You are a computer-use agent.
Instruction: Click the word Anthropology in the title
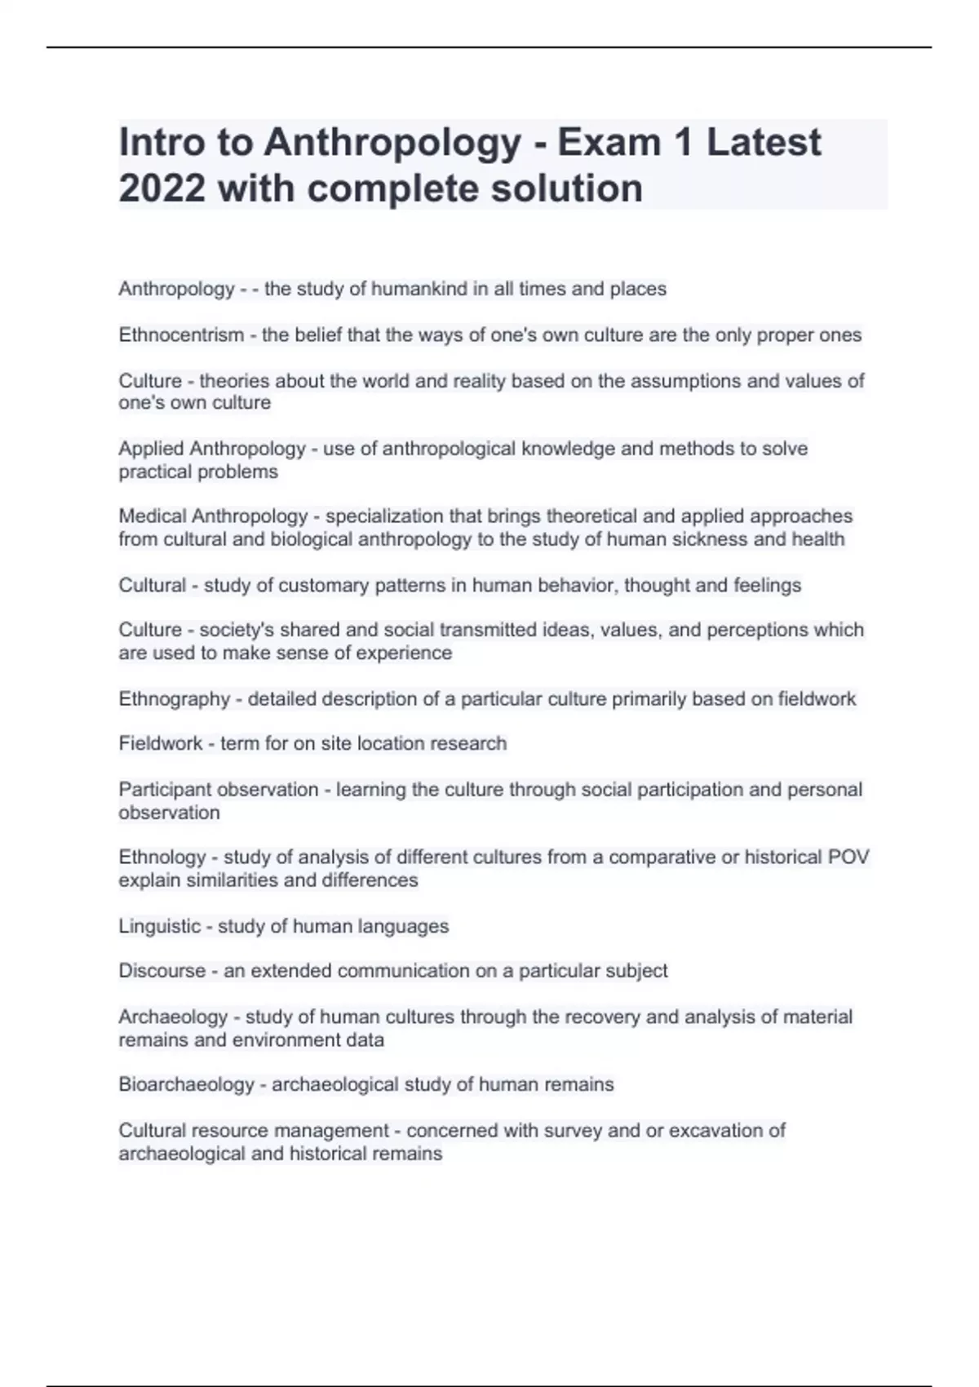click(x=392, y=144)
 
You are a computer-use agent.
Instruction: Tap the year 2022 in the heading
click(x=162, y=189)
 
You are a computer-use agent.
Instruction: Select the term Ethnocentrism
click(x=181, y=335)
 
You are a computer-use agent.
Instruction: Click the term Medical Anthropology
click(x=213, y=516)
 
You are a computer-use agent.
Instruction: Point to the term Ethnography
click(x=174, y=699)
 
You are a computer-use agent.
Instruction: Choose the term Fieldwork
click(x=161, y=744)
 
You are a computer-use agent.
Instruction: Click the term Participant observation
click(x=218, y=790)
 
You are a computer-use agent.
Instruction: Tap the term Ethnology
click(x=162, y=857)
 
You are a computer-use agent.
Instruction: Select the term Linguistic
click(x=159, y=927)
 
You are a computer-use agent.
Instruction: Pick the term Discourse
click(x=162, y=971)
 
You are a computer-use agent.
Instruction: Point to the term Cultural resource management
click(x=254, y=1131)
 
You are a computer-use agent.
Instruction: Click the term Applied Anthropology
click(x=211, y=450)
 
